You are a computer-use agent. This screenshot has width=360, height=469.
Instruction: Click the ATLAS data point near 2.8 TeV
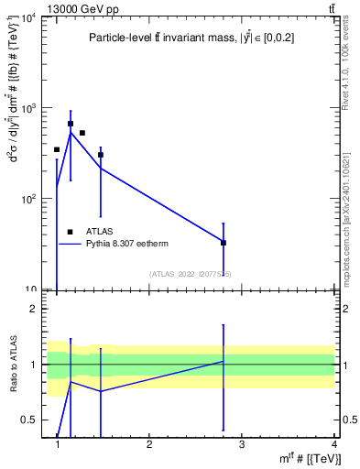tap(224, 243)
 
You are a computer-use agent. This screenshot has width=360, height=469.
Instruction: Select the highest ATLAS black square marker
tap(71, 124)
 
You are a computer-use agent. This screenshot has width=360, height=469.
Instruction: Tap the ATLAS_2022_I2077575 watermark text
tap(191, 274)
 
